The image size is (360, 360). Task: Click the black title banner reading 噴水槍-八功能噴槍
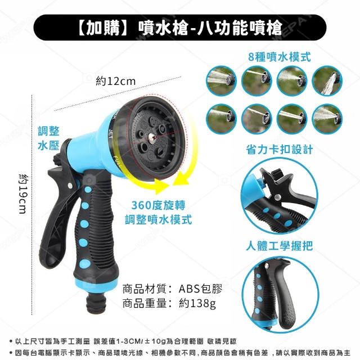coord(180,28)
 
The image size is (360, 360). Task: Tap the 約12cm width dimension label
coord(115,81)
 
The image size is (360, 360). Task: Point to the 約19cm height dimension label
coord(23,194)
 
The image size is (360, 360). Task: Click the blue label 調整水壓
coord(48,138)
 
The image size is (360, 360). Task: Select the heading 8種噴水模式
coord(280,56)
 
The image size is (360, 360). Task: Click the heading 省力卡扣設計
coord(280,150)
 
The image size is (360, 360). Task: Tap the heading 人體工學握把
coord(280,246)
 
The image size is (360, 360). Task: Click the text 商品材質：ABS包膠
coord(173,289)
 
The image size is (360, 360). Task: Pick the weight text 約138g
coord(197,304)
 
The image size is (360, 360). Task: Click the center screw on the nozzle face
coord(151,139)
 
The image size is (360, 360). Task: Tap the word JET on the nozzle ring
coord(111,134)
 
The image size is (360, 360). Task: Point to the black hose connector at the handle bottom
coord(95,301)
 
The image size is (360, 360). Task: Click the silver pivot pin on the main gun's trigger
coord(69,186)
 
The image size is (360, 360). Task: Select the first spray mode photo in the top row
coord(221,81)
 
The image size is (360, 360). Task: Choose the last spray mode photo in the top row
coord(327,81)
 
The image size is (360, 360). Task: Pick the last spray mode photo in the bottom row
coord(327,119)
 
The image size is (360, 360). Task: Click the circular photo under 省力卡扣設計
coord(280,196)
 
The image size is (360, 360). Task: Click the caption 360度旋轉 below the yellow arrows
coord(158,205)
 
